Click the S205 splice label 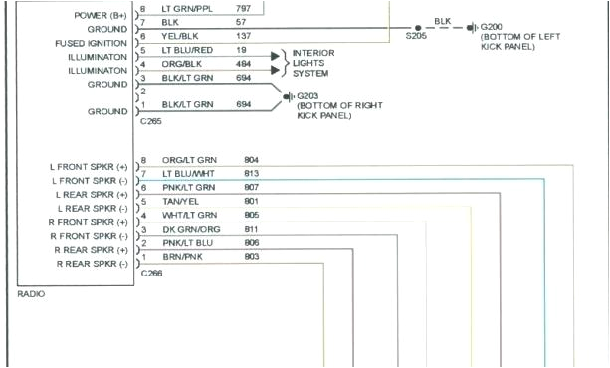[x=416, y=35]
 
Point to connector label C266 [x=151, y=272]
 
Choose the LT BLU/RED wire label [x=187, y=49]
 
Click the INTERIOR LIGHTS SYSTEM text [x=313, y=62]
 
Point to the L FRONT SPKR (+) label [x=89, y=166]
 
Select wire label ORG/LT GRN [x=190, y=159]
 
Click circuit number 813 [x=251, y=173]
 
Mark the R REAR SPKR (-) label [x=93, y=264]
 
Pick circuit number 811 [x=251, y=229]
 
